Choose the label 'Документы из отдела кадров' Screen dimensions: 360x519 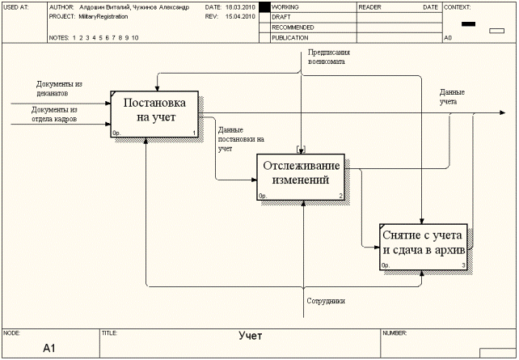pyautogui.click(x=54, y=114)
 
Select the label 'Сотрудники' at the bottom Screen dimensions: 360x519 pyautogui.click(x=326, y=301)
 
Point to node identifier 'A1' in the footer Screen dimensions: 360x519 pyautogui.click(x=49, y=348)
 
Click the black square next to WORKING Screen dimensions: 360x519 pyautogui.click(x=264, y=6)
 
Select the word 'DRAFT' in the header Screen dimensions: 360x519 pyautogui.click(x=281, y=16)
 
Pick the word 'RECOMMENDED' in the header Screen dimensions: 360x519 pyautogui.click(x=293, y=27)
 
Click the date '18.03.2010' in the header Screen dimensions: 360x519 pyautogui.click(x=239, y=6)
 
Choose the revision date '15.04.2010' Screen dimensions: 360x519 pyautogui.click(x=239, y=16)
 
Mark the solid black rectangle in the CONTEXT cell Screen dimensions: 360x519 pyautogui.click(x=468, y=23)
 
